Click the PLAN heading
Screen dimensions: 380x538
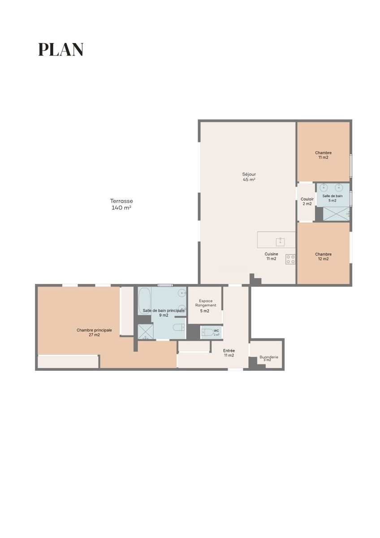[61, 49]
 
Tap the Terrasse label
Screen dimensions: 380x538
[121, 201]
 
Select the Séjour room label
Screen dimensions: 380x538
[249, 174]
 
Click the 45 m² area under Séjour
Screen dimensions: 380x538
[249, 180]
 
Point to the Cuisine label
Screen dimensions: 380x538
[271, 254]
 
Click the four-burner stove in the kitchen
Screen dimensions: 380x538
[290, 259]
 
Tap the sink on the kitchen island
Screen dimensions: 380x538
[281, 242]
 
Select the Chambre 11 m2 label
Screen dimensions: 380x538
[323, 155]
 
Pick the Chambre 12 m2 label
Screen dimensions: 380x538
[323, 256]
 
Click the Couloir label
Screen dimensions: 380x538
[307, 199]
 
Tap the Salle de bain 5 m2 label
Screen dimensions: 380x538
[332, 198]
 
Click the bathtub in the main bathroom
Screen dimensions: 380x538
[144, 301]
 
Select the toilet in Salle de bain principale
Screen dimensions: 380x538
[179, 327]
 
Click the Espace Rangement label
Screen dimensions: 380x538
[206, 303]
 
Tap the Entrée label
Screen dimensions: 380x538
[229, 351]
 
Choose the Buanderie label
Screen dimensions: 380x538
[269, 357]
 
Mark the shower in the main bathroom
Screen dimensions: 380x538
[146, 332]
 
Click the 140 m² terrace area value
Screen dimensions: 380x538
[121, 208]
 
